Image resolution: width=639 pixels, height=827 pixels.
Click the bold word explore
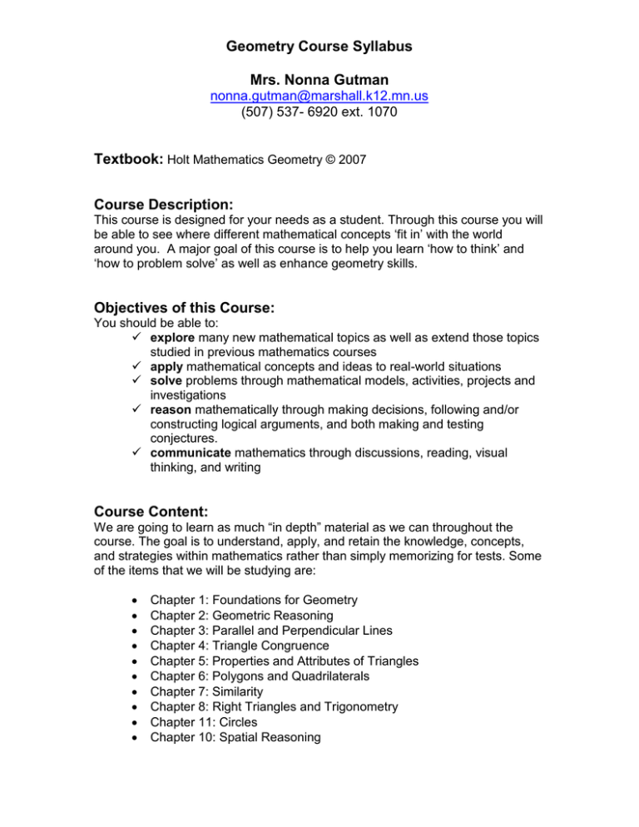tap(176, 340)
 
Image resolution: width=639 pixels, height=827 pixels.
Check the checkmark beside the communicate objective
tap(136, 467)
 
